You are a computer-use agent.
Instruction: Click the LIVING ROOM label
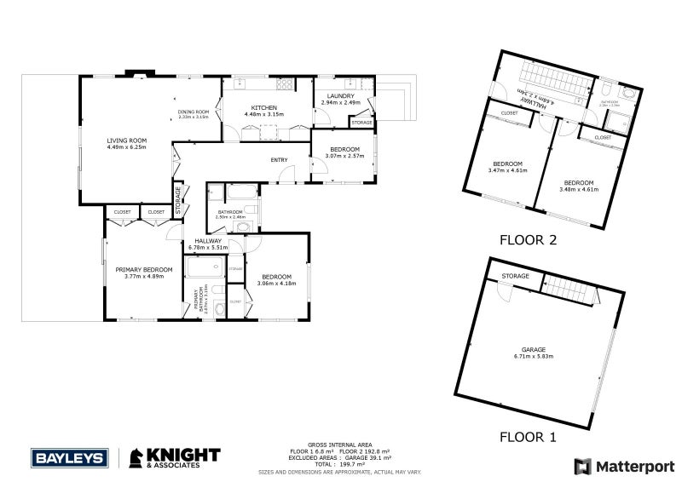pyautogui.click(x=127, y=140)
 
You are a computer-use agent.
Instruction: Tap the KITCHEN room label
pyautogui.click(x=263, y=107)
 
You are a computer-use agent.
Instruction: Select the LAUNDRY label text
pyautogui.click(x=340, y=96)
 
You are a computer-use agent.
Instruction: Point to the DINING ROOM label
pyautogui.click(x=194, y=112)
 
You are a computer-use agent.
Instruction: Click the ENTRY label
pyautogui.click(x=279, y=159)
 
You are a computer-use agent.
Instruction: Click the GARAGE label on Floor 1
pyautogui.click(x=535, y=350)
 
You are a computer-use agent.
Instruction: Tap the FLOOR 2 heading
pyautogui.click(x=528, y=240)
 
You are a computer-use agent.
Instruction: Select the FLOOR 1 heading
pyautogui.click(x=528, y=438)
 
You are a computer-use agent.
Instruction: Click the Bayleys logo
pyautogui.click(x=69, y=457)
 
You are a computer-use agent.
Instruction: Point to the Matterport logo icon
pyautogui.click(x=582, y=466)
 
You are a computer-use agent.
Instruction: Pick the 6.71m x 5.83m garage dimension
pyautogui.click(x=535, y=356)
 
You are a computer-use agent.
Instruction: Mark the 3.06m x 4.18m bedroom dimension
pyautogui.click(x=278, y=283)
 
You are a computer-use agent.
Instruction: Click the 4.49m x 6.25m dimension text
pyautogui.click(x=127, y=146)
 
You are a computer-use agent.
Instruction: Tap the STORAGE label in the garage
pyautogui.click(x=515, y=276)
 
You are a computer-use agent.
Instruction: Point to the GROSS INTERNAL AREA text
pyautogui.click(x=340, y=445)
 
